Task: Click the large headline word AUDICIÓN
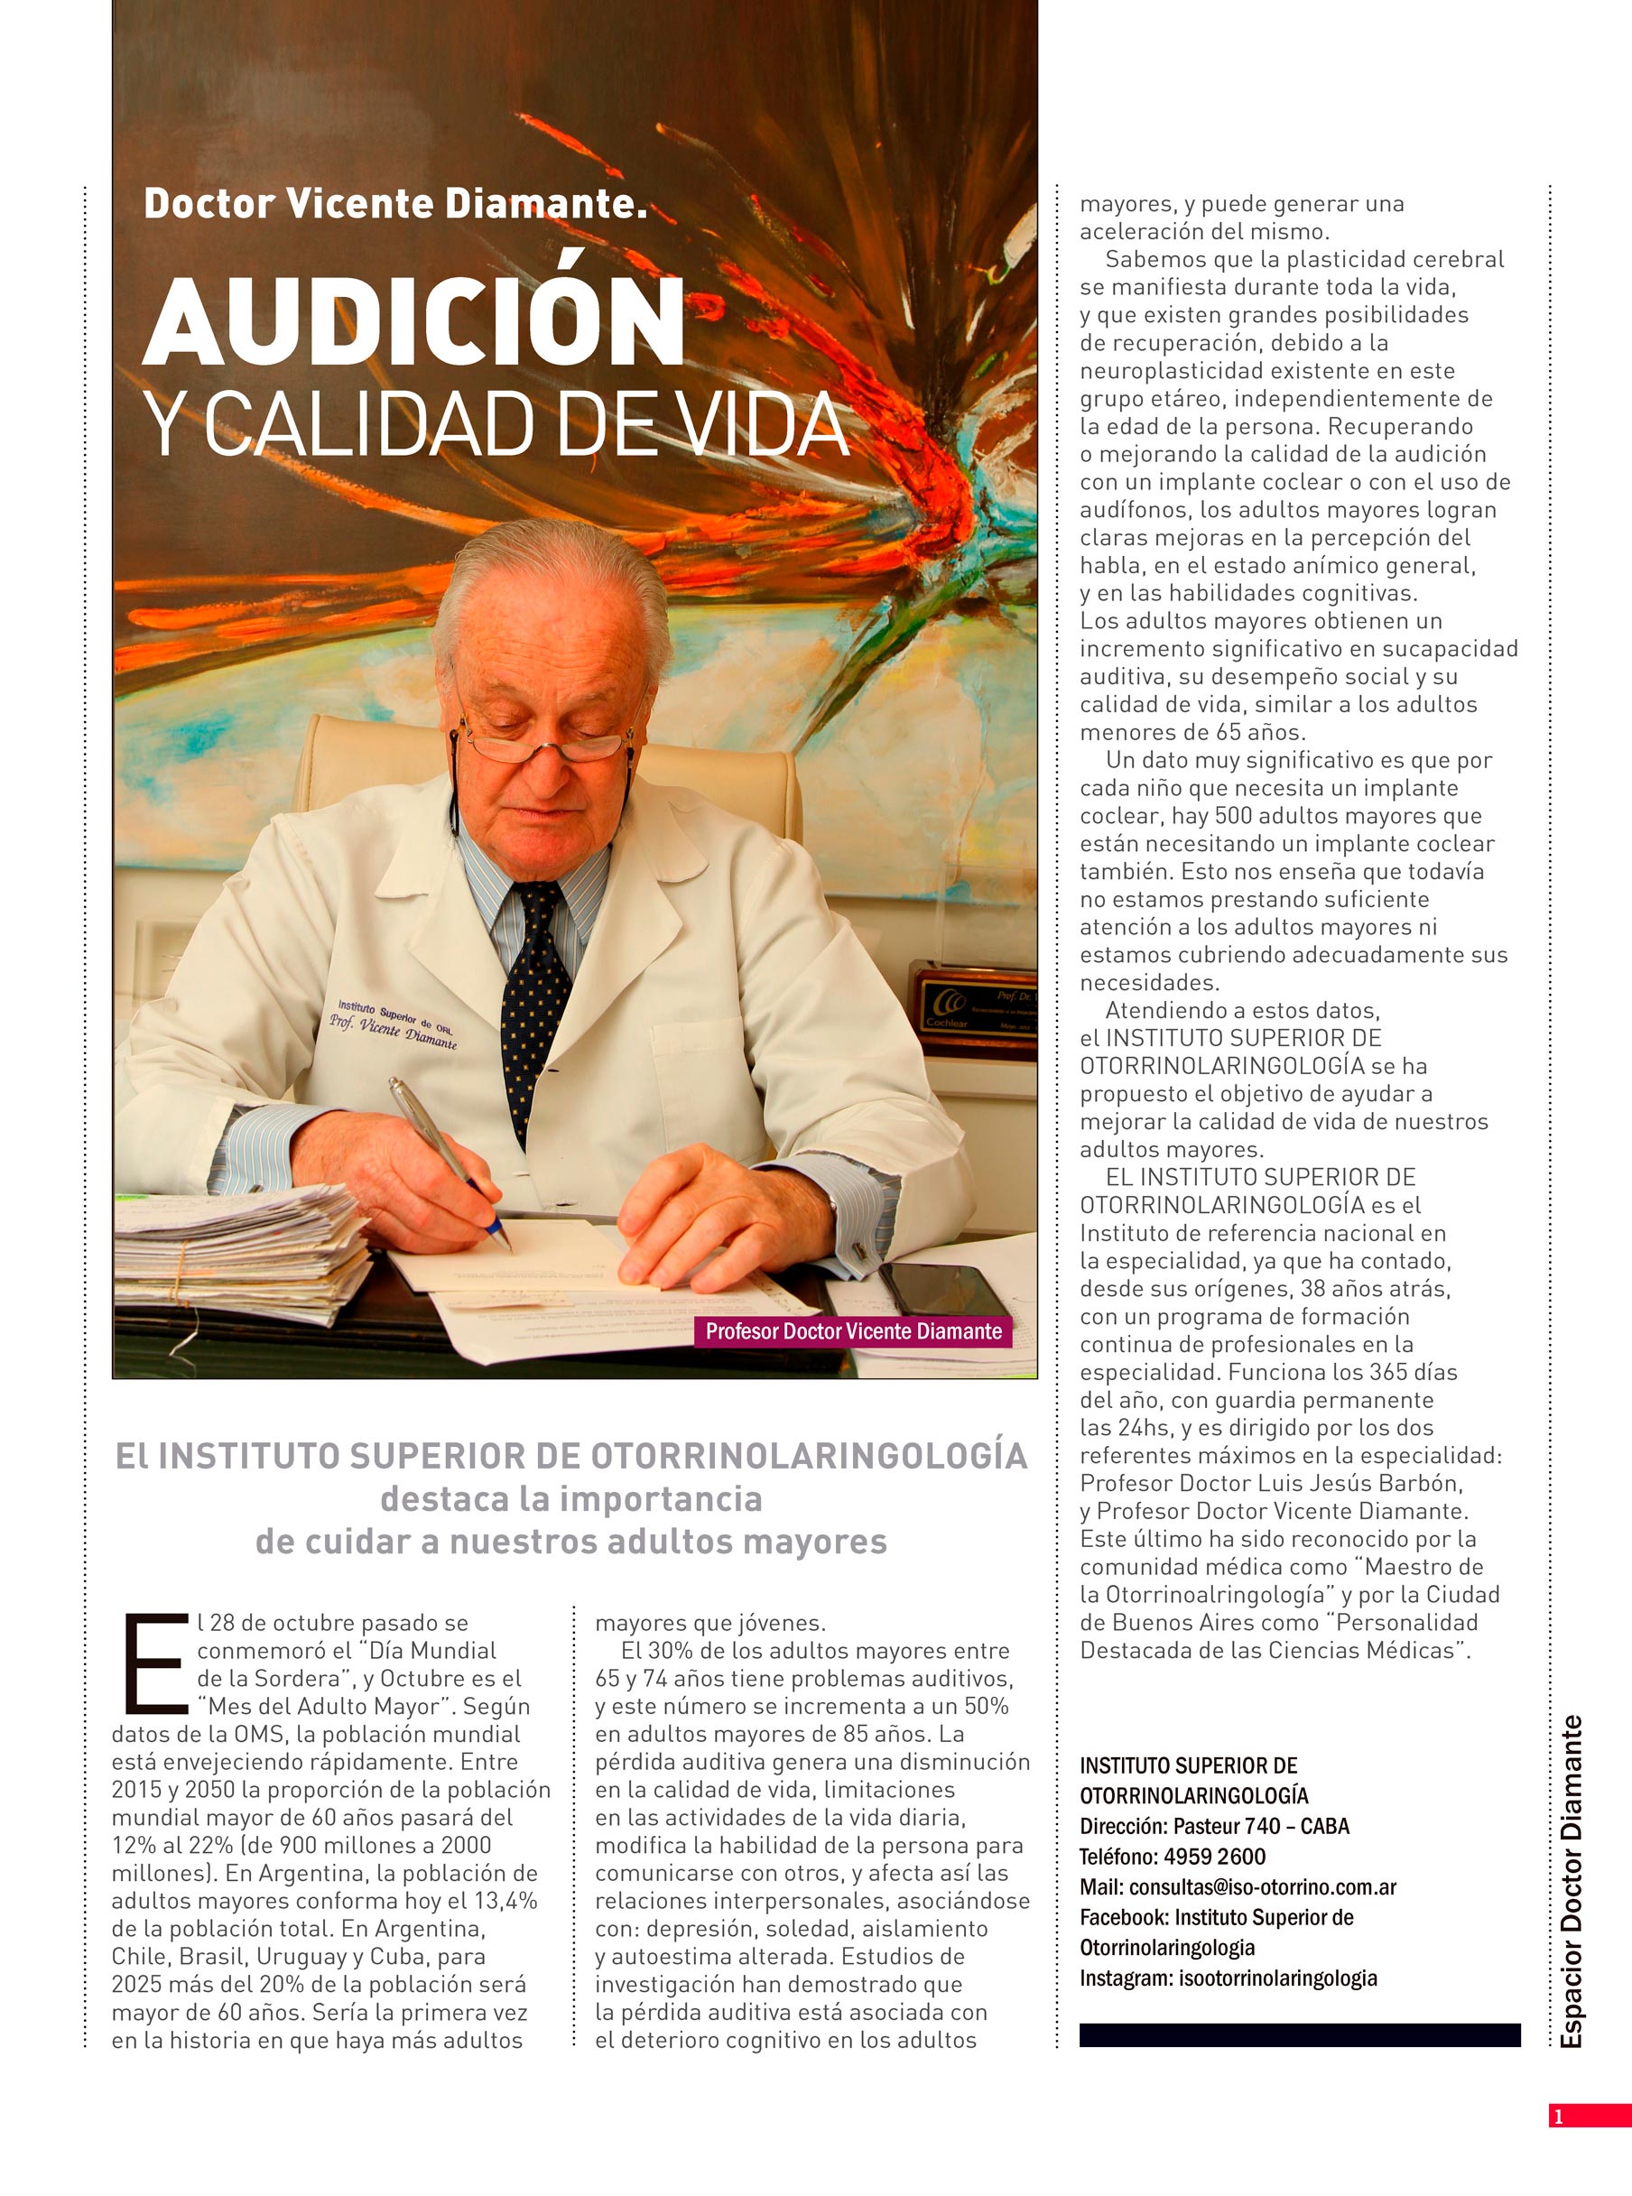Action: click(415, 322)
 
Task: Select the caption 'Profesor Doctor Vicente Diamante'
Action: click(854, 1330)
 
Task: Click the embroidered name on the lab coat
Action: click(394, 1024)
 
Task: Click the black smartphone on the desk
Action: click(942, 1290)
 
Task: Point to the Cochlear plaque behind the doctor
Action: click(973, 1007)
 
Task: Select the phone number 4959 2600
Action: click(1214, 1857)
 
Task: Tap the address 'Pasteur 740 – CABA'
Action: click(1260, 1826)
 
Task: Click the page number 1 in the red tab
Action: click(1559, 2115)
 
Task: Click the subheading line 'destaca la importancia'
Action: click(571, 1498)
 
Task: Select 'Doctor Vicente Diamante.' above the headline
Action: click(395, 203)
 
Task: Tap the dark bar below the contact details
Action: click(1299, 2035)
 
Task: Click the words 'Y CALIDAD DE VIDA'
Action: click(496, 426)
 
